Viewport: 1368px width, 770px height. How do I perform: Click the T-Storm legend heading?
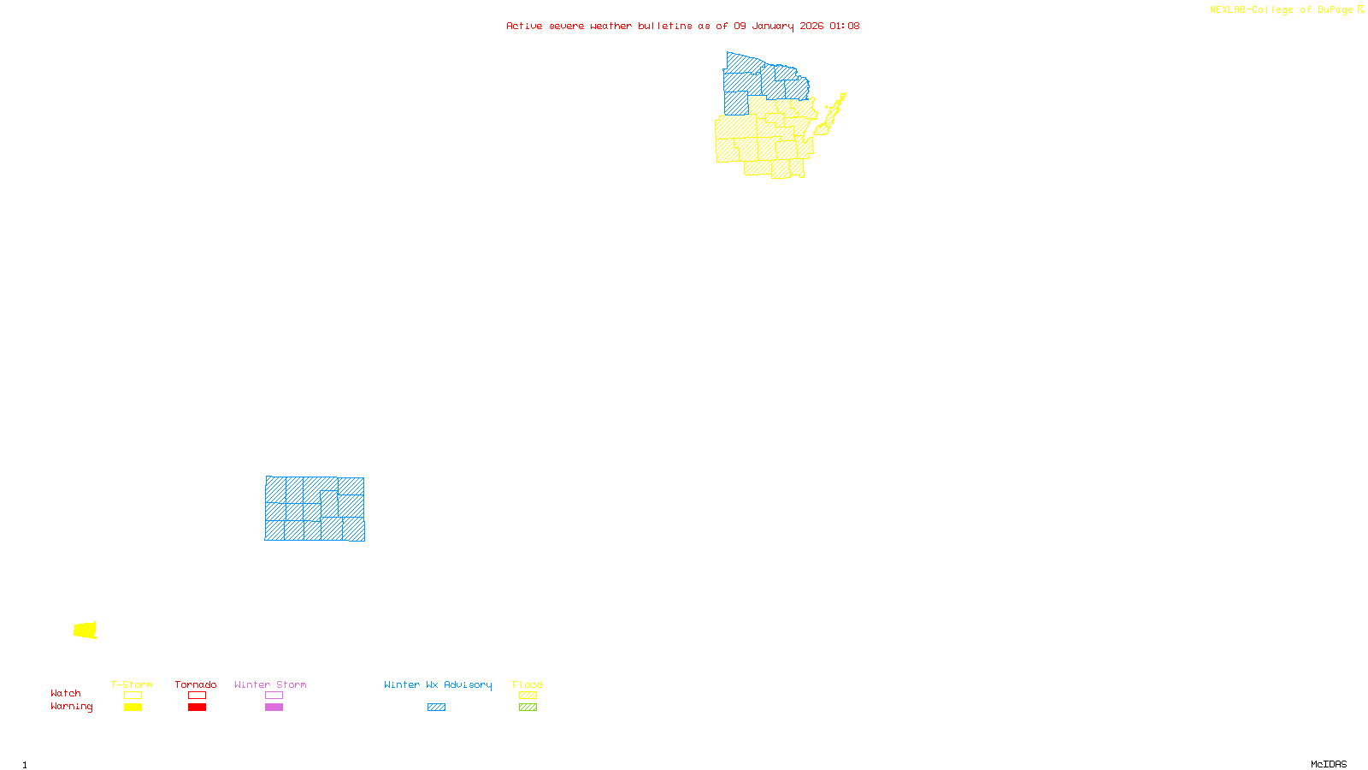click(x=132, y=684)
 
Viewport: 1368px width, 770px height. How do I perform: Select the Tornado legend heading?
click(x=196, y=684)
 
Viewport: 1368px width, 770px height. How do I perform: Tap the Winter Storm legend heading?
click(x=270, y=684)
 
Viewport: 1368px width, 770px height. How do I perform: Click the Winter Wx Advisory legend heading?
click(x=438, y=684)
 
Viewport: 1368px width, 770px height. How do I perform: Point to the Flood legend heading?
click(x=528, y=684)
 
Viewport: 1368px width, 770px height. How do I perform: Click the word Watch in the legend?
click(x=66, y=693)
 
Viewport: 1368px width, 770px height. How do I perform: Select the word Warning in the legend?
click(x=72, y=707)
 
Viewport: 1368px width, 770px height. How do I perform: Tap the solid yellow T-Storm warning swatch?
click(x=133, y=708)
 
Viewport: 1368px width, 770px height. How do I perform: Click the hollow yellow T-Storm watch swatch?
click(x=133, y=696)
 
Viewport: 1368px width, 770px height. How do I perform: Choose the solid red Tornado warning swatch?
click(x=197, y=708)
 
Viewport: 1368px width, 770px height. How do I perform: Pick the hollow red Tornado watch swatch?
click(x=197, y=696)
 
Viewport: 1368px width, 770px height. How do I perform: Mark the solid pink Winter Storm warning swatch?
click(x=274, y=708)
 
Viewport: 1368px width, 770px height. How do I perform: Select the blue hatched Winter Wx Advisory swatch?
click(x=436, y=708)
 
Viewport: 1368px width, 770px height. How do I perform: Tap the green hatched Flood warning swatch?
click(x=528, y=708)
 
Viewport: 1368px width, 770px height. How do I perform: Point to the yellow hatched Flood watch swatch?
click(x=528, y=696)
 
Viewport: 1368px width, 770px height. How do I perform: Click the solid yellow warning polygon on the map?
click(x=85, y=631)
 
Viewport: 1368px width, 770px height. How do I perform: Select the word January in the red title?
click(x=773, y=26)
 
